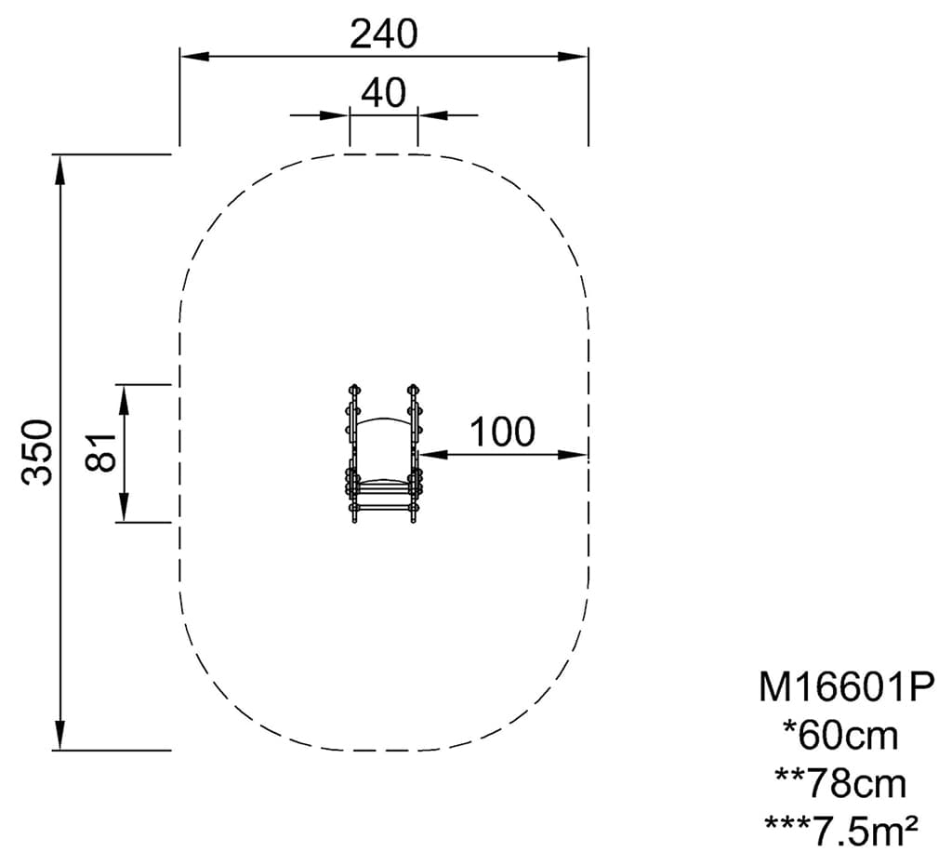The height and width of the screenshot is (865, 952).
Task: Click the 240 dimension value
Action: (x=384, y=34)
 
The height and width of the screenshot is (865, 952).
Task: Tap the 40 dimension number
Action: (x=384, y=93)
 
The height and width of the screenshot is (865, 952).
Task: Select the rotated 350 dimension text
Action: (x=37, y=452)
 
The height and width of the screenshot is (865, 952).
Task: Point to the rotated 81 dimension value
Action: (x=100, y=453)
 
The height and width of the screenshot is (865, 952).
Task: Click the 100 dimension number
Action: (x=503, y=432)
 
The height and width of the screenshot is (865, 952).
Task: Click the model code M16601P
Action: (x=844, y=688)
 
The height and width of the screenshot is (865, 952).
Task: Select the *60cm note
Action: (x=840, y=736)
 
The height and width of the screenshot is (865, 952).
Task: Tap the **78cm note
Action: (x=840, y=783)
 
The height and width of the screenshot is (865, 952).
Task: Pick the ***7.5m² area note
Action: (x=840, y=831)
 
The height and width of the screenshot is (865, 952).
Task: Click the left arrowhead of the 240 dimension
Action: (x=193, y=57)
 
